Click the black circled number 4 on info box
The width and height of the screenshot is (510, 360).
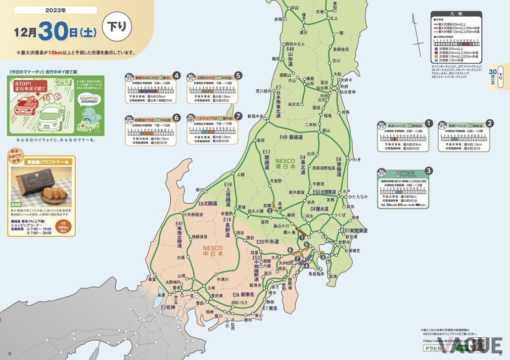176,76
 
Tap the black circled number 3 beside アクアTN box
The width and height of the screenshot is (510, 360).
429,171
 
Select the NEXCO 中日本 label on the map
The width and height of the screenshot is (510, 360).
213,251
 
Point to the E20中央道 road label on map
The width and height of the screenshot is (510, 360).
268,241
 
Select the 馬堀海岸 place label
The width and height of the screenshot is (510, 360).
316,273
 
